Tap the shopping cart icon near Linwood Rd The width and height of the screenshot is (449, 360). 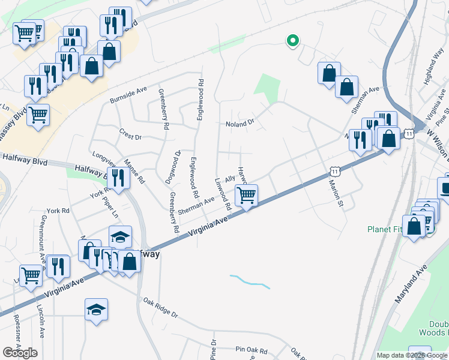pyautogui.click(x=246, y=195)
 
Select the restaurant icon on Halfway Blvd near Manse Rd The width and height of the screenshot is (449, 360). pyautogui.click(x=117, y=178)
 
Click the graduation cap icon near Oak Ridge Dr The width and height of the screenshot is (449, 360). pyautogui.click(x=96, y=310)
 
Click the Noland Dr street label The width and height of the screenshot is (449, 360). pyautogui.click(x=240, y=124)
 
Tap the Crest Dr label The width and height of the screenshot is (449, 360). pyautogui.click(x=130, y=137)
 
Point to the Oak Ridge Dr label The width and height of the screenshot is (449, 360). pyautogui.click(x=160, y=307)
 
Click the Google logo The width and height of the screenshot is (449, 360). pyautogui.click(x=20, y=352)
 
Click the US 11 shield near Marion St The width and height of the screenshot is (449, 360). pyautogui.click(x=335, y=172)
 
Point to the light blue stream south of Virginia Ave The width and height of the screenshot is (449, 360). pyautogui.click(x=249, y=281)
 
